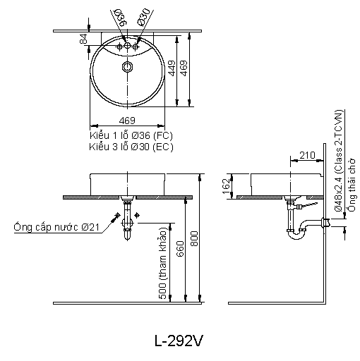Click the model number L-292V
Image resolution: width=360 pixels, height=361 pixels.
[x=179, y=341]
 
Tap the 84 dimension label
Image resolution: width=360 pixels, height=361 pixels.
[x=83, y=39]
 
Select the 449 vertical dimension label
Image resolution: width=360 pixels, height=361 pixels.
[x=172, y=68]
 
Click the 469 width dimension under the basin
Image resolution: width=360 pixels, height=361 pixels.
[x=127, y=121]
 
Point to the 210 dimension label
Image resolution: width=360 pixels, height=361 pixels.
[x=307, y=155]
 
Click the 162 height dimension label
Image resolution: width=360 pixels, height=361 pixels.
[x=226, y=186]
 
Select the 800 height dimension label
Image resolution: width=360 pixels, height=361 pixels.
[x=194, y=238]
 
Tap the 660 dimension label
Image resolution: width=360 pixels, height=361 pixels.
[x=180, y=249]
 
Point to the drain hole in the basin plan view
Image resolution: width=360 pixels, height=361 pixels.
[x=127, y=67]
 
